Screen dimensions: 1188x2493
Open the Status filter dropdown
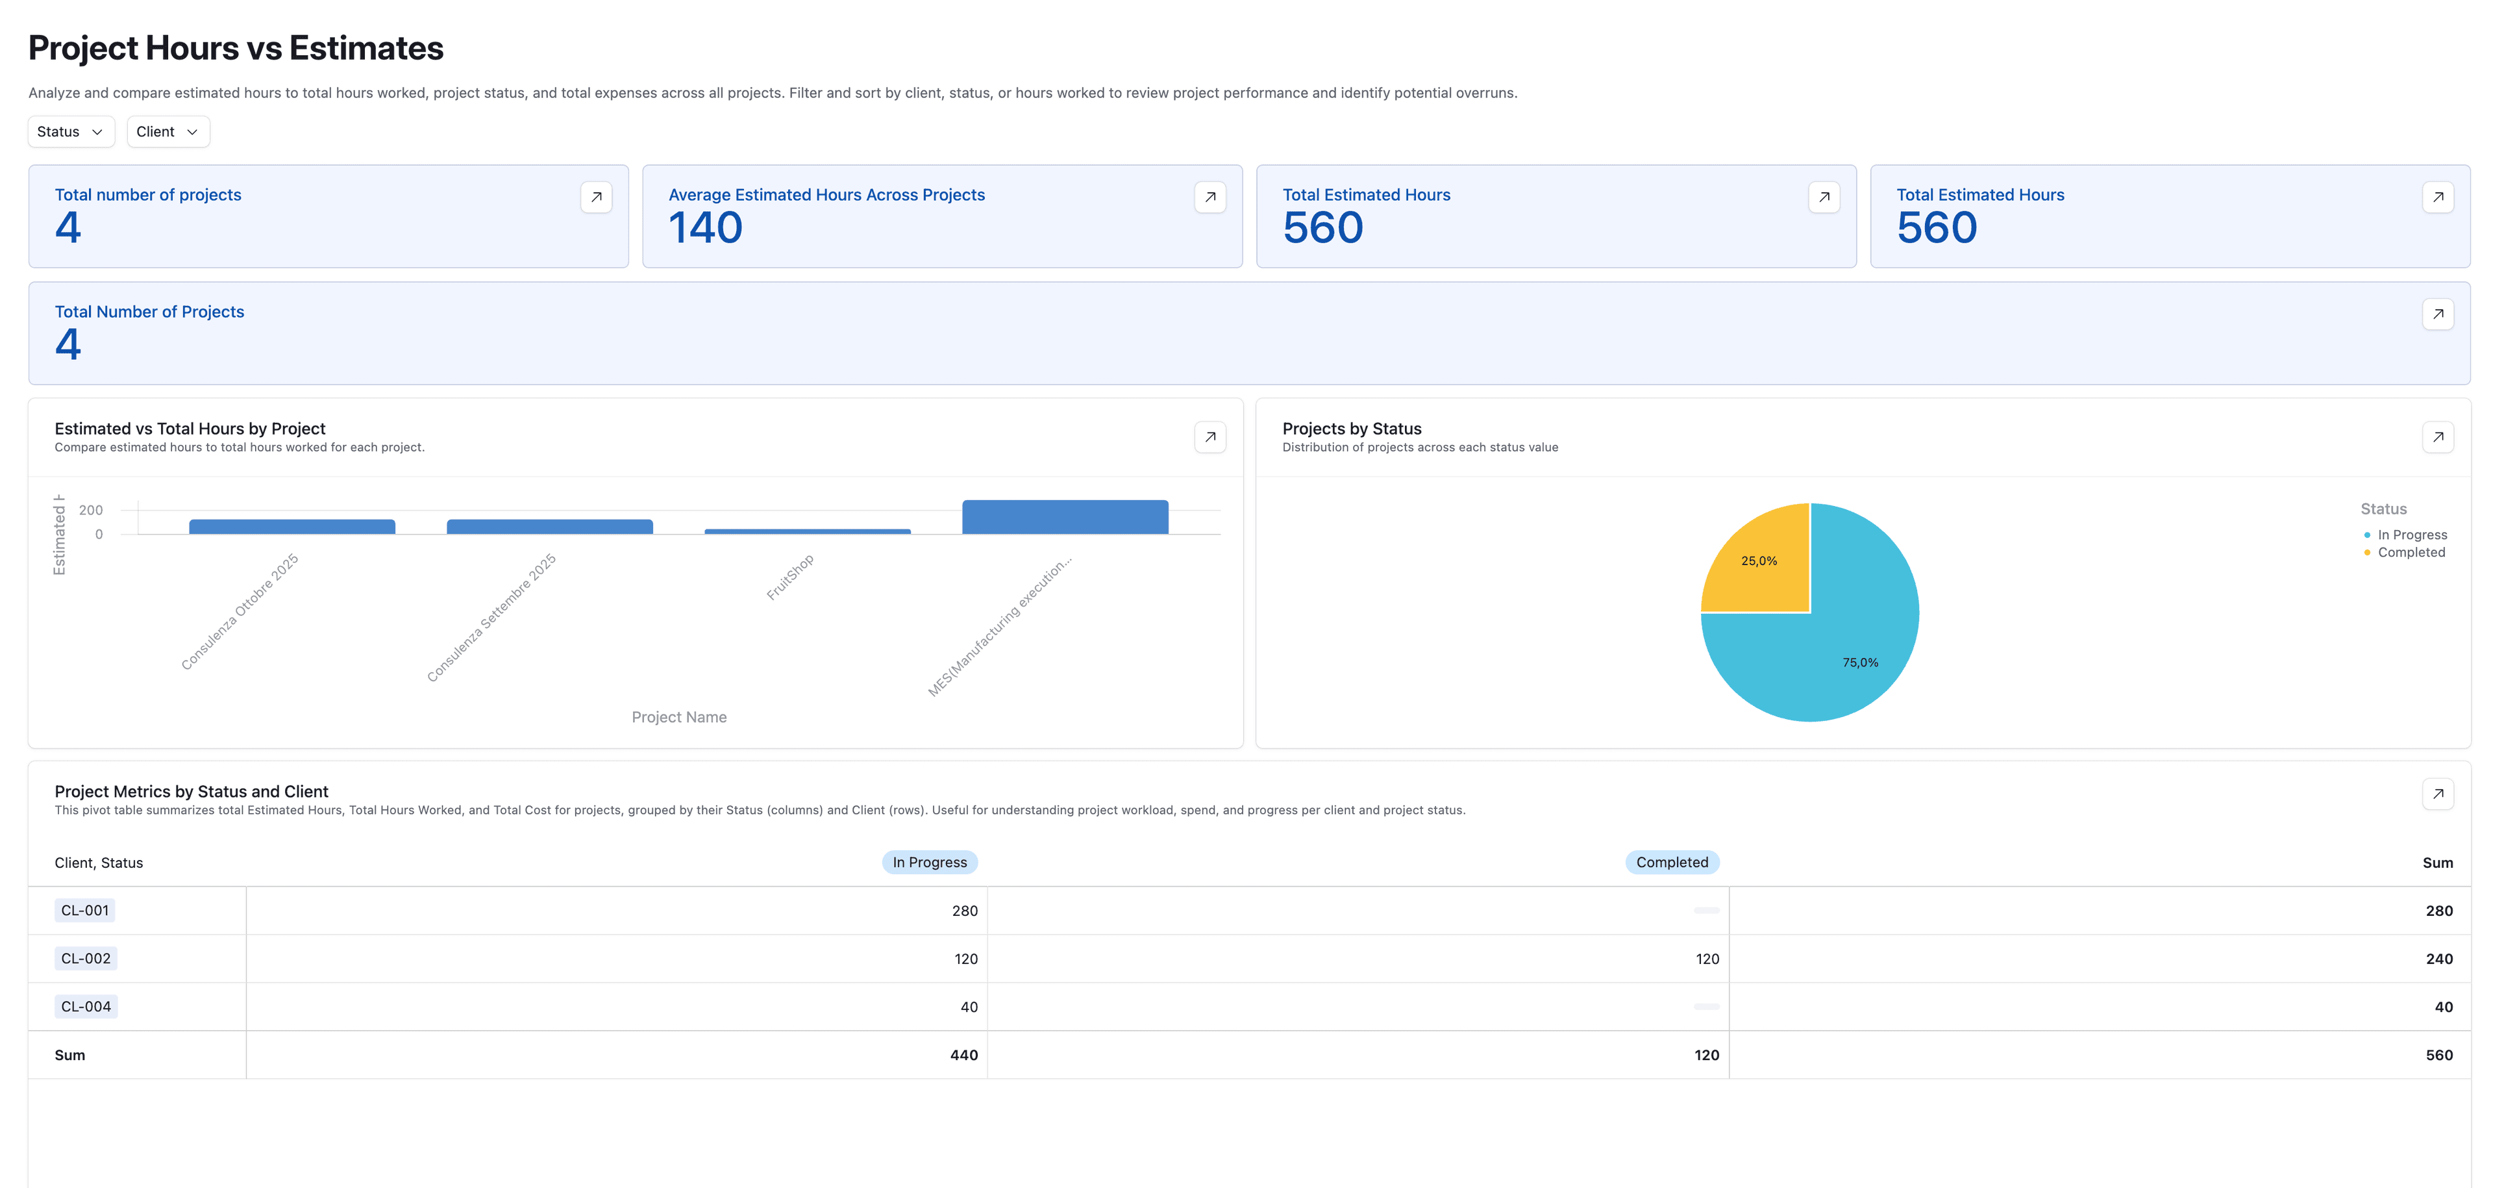(69, 132)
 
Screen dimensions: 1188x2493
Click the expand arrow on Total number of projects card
(596, 197)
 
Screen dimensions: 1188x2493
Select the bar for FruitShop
(807, 531)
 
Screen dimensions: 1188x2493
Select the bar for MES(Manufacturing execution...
(1065, 517)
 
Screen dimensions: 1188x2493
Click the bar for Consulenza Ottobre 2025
(291, 527)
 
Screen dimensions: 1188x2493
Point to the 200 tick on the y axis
(91, 511)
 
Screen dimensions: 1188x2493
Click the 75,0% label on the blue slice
(1859, 663)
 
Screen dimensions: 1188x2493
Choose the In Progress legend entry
(2411, 535)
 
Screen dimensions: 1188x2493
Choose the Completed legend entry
(2410, 553)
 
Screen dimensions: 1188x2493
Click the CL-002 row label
(86, 959)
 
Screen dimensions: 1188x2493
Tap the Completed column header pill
(1671, 863)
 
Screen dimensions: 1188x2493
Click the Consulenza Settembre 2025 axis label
(491, 618)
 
